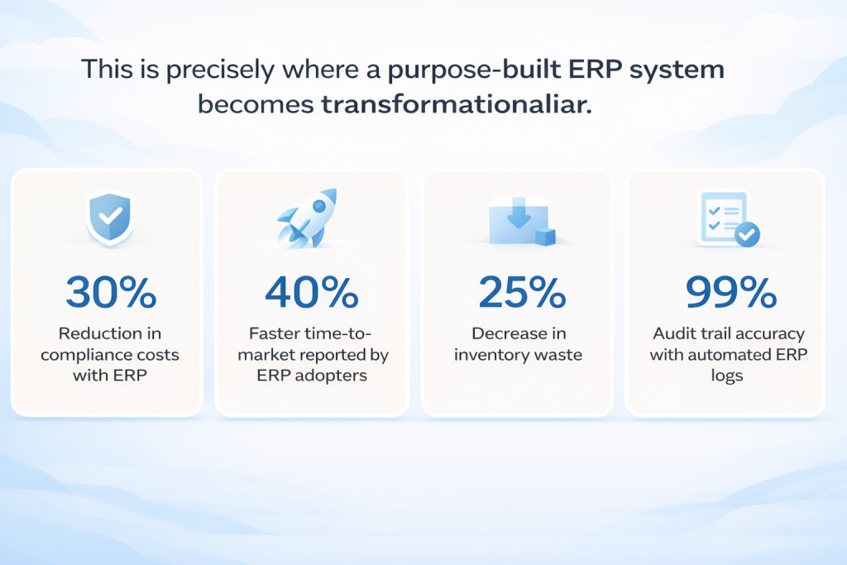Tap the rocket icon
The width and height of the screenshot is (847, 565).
308,218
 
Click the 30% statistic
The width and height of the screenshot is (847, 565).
112,292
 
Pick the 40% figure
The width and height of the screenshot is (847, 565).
312,292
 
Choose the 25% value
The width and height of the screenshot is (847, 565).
522,292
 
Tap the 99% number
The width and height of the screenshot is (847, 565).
731,292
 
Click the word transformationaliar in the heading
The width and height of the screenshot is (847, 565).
457,104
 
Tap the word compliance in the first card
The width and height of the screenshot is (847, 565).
80,356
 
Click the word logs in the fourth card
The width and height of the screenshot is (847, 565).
727,376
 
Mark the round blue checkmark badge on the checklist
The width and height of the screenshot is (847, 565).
748,234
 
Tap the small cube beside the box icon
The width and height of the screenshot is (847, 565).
545,237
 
